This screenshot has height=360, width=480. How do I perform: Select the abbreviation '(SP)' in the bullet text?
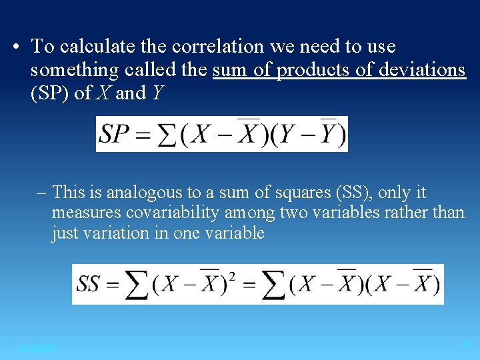50,93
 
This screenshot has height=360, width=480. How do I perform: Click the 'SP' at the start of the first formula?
114,135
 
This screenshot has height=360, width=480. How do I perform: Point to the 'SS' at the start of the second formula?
89,284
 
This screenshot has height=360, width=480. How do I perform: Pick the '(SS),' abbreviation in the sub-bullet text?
352,193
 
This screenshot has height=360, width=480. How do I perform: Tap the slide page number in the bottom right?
465,344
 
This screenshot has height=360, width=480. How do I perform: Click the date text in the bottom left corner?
37,348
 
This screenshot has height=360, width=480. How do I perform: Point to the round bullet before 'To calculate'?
17,47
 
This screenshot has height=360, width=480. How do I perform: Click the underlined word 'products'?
310,69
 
